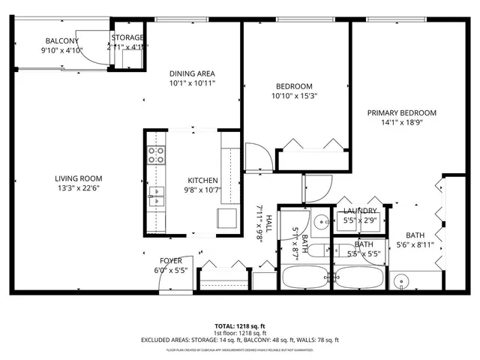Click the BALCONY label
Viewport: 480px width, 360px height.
tap(62, 41)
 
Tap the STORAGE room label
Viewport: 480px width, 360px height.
tap(127, 37)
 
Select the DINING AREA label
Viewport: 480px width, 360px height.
tap(192, 73)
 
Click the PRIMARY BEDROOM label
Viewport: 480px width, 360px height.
tap(401, 113)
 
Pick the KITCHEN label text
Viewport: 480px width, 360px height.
tap(202, 180)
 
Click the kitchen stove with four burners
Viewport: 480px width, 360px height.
tap(156, 155)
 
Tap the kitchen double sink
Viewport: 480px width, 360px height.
tap(156, 196)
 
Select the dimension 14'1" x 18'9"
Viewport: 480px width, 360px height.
tap(401, 124)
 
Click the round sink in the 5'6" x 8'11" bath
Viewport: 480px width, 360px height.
tap(403, 283)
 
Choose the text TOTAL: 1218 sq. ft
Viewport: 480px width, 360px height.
tap(239, 326)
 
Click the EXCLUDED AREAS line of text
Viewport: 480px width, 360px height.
tap(239, 340)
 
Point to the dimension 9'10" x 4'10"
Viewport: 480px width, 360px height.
tap(62, 51)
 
